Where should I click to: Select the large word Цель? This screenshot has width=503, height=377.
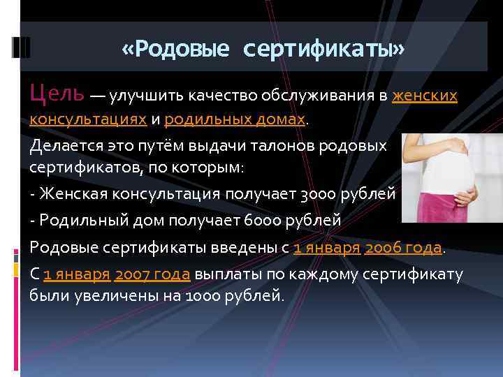click(x=57, y=92)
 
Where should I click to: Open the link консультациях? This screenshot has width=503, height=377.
click(x=88, y=119)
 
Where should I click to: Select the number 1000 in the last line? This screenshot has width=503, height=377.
click(x=203, y=295)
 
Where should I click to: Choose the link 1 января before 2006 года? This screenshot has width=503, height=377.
click(x=326, y=247)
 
